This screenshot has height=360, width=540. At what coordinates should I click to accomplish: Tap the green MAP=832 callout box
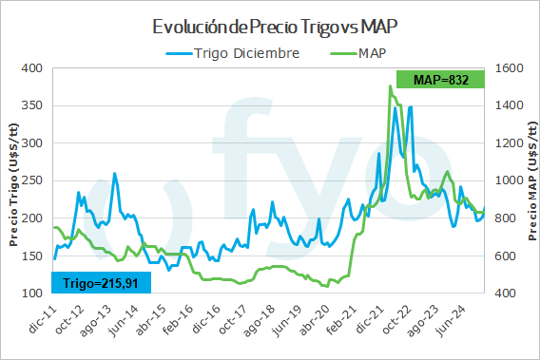tap(442, 80)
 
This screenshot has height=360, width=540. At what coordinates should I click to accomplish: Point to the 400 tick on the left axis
tap(33, 68)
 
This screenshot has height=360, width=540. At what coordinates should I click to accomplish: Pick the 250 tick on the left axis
tap(33, 180)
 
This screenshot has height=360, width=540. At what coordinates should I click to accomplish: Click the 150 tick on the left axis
tap(33, 256)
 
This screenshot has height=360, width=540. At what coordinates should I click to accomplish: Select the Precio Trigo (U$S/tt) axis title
tap(13, 180)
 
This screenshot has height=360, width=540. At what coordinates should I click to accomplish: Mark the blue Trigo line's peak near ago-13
tap(115, 173)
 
